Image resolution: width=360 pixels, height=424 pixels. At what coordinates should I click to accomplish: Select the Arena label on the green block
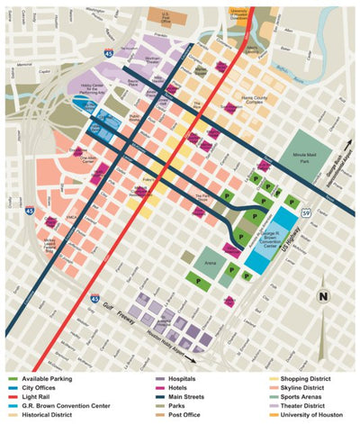coord(210,264)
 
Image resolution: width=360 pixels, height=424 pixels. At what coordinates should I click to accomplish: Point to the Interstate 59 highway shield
coord(306,212)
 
